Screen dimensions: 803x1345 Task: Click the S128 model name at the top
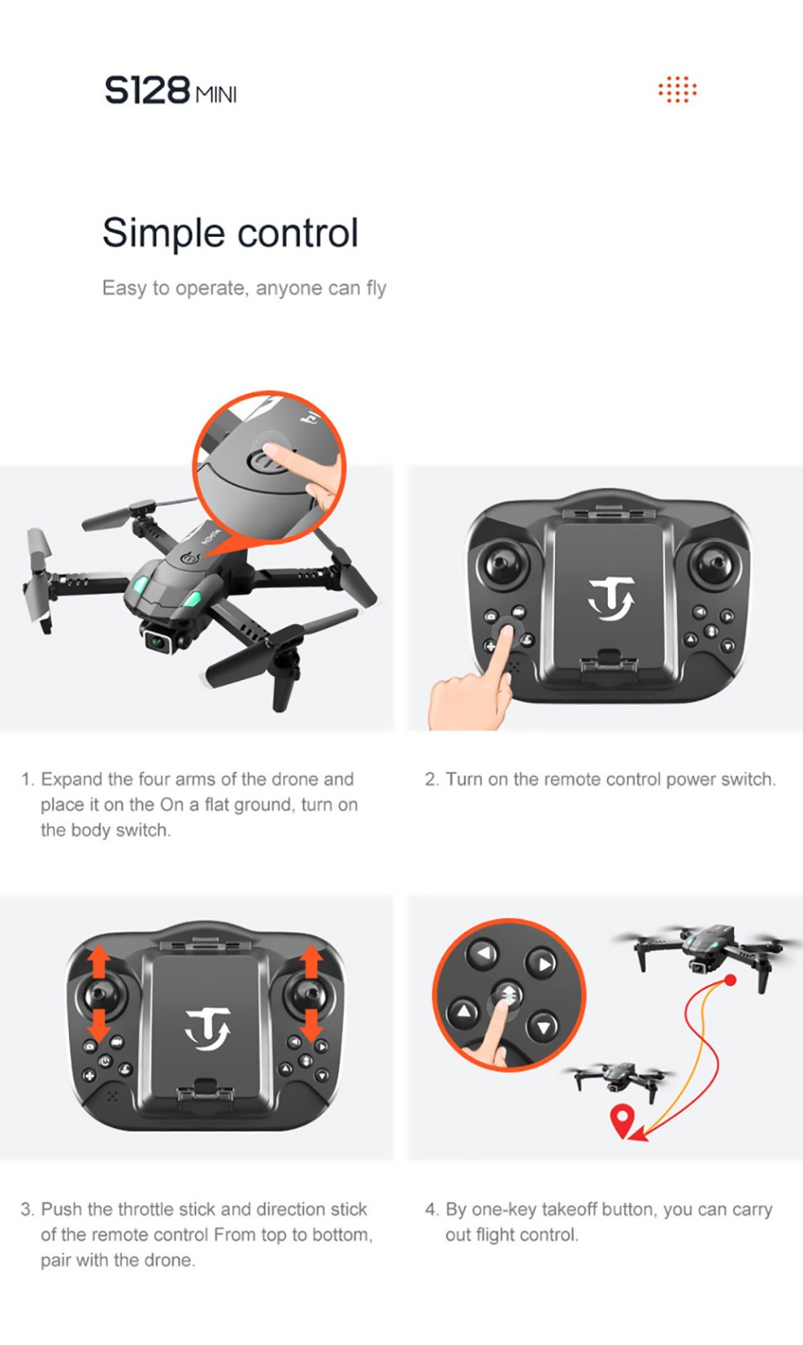(x=147, y=92)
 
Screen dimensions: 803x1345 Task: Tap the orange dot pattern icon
(x=678, y=89)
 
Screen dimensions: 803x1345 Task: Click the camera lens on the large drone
(x=159, y=642)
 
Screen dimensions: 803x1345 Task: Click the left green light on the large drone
(x=142, y=585)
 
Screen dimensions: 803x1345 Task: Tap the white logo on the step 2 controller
(x=610, y=599)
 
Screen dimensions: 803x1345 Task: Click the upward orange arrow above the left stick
(x=99, y=962)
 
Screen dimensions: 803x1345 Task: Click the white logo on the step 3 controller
(x=208, y=1029)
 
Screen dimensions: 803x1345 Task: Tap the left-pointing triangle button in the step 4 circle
(x=483, y=953)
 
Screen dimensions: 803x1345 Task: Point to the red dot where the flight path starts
(x=731, y=980)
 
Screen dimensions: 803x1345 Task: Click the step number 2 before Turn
(x=430, y=779)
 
